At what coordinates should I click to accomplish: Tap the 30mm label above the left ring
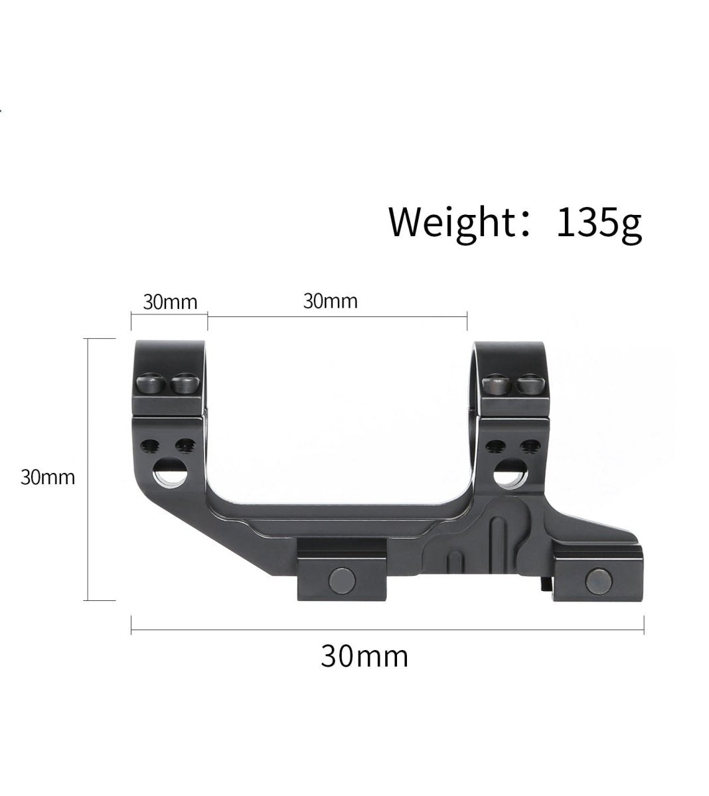click(x=170, y=302)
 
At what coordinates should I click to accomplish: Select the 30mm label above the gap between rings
click(x=331, y=301)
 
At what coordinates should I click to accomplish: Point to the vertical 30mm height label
click(x=48, y=478)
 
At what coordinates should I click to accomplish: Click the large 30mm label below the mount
click(x=364, y=657)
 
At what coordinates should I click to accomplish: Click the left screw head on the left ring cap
click(x=151, y=383)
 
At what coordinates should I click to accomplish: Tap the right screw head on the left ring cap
click(x=185, y=383)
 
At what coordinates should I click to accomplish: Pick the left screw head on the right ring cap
click(x=497, y=384)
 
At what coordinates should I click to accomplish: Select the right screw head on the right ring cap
click(x=530, y=384)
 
